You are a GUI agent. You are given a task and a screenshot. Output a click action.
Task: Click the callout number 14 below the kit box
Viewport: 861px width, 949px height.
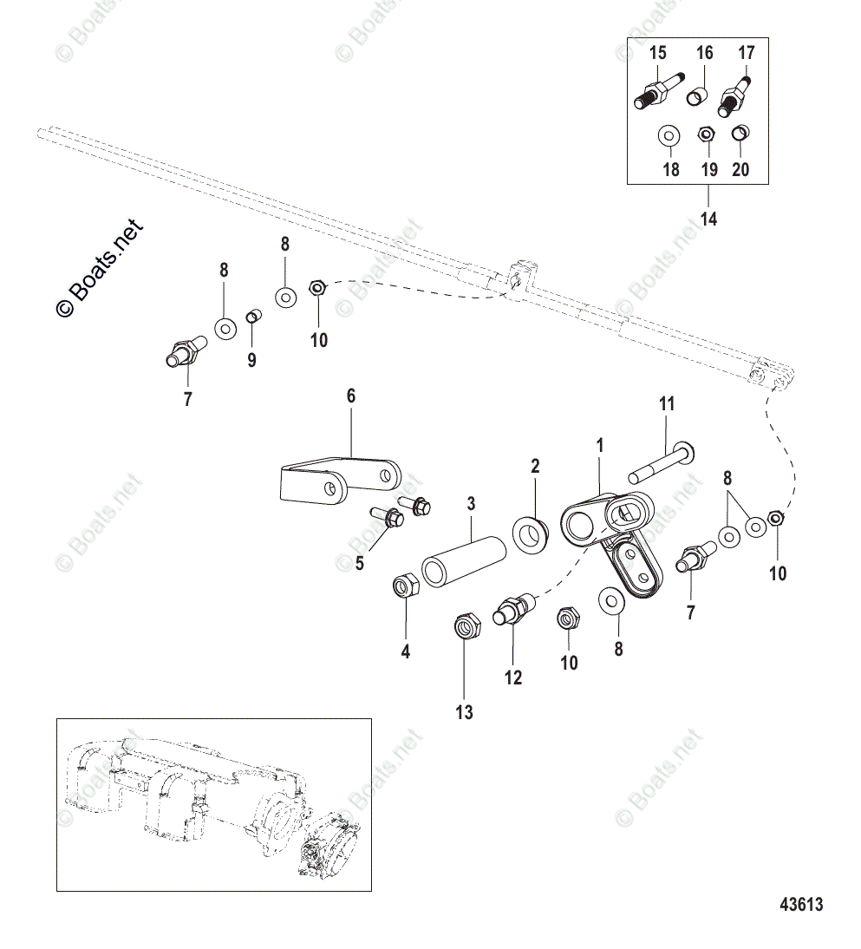tap(708, 219)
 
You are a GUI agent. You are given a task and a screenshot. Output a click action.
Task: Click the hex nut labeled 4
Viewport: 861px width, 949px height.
tap(406, 586)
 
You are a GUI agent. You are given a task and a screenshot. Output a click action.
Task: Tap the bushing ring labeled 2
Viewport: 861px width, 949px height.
tap(531, 535)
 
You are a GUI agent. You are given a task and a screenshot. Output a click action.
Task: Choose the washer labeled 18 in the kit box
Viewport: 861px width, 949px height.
tap(669, 136)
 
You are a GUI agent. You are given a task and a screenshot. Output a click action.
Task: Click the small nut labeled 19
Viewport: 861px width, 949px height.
tap(705, 134)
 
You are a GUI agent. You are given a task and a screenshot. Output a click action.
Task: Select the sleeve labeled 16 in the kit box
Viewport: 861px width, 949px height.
tap(699, 95)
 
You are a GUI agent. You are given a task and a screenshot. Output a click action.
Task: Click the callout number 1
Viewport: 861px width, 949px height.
tap(600, 446)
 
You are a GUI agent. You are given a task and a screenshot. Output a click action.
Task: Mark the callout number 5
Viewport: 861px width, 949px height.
tap(360, 564)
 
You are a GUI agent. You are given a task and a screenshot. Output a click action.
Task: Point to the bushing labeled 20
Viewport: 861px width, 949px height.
tap(740, 133)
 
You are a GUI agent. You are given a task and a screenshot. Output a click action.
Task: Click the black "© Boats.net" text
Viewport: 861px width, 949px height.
tap(100, 268)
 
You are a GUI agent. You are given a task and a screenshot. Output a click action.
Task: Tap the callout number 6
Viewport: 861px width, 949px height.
tap(351, 396)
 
